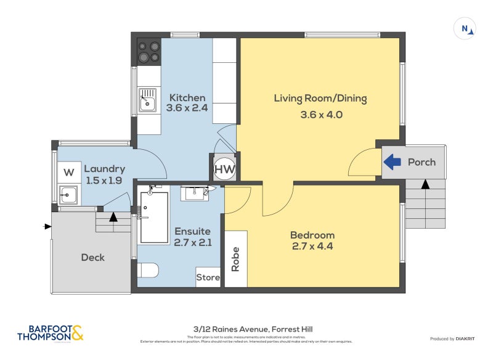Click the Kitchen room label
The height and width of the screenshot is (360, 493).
coord(187,97)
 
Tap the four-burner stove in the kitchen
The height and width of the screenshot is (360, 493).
coord(149,51)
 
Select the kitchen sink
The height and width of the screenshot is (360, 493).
coord(147,100)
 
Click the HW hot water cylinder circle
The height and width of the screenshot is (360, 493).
coord(224,168)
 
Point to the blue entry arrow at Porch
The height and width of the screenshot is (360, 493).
coord(393,162)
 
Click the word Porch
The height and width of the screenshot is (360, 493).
coord(422,162)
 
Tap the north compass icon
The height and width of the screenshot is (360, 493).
coord(464,28)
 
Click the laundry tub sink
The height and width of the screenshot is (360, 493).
coord(68,195)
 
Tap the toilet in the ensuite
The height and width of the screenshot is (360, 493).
coord(148,270)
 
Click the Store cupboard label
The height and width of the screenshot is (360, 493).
coord(208,277)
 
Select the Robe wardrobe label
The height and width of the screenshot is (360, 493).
coord(235,259)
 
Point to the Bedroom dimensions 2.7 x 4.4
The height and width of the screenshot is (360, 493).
coord(312,246)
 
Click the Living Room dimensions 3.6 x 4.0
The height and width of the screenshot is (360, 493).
coord(320,114)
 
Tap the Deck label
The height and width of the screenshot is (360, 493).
coord(93,258)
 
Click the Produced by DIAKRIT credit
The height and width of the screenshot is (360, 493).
coord(456,338)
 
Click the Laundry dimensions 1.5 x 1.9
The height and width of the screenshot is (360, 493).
coord(104,180)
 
